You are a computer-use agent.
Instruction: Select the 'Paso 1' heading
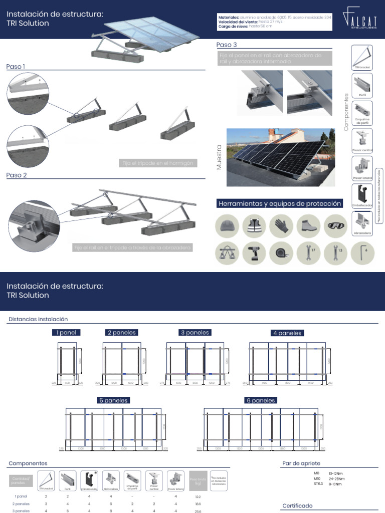coord(16,67)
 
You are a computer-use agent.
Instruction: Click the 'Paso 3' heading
coord(226,45)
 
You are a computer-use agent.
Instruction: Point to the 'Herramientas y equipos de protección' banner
coord(280,203)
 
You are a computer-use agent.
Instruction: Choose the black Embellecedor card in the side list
coord(361,196)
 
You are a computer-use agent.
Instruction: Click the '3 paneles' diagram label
coord(195,332)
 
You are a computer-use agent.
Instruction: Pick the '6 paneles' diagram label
coord(260,400)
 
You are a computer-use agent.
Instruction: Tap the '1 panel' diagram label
coord(66,332)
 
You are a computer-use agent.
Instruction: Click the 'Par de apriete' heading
coord(301,463)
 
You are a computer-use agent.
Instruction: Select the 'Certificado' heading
coord(297,506)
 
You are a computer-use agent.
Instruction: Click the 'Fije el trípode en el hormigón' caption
coord(157,163)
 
